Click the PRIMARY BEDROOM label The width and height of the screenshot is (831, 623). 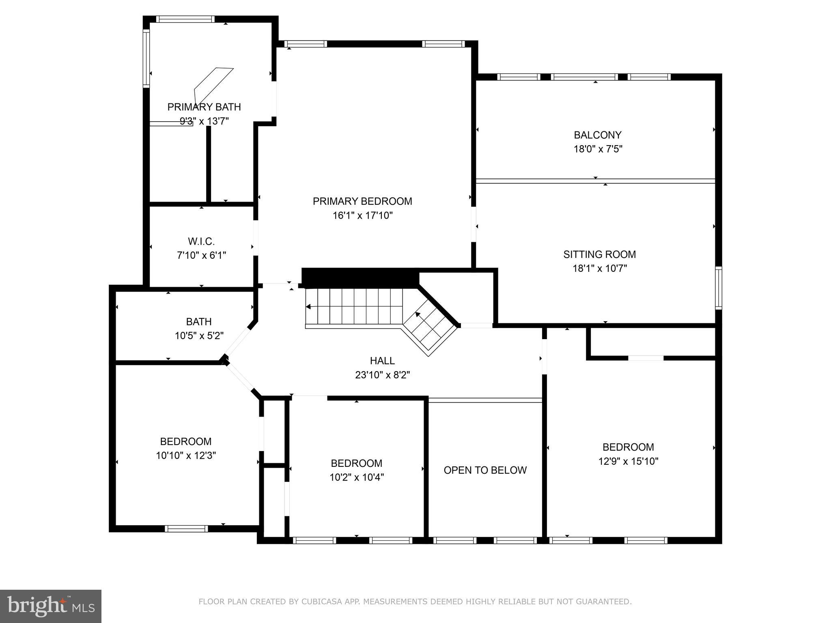pos(362,201)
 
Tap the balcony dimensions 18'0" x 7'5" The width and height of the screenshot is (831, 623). pos(598,149)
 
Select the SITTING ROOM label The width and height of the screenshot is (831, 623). pos(599,254)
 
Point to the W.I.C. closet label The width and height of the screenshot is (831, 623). pos(201,242)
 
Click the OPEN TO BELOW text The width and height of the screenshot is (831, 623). pos(485,470)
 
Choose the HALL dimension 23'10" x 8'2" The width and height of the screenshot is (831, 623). pos(382,375)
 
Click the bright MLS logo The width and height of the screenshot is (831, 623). pos(50,606)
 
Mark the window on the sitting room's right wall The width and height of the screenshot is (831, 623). pos(718,288)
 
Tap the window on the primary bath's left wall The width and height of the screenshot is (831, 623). pos(146,59)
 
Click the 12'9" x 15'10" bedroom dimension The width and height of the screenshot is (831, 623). pos(628,461)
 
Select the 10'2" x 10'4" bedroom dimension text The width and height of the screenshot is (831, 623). pos(356,477)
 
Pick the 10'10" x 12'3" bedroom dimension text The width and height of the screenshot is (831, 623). pos(186,455)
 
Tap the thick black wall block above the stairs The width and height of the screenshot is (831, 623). pos(360,278)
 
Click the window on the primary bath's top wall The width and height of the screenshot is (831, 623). pos(185,19)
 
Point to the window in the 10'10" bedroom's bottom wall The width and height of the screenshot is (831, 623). pos(186,528)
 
